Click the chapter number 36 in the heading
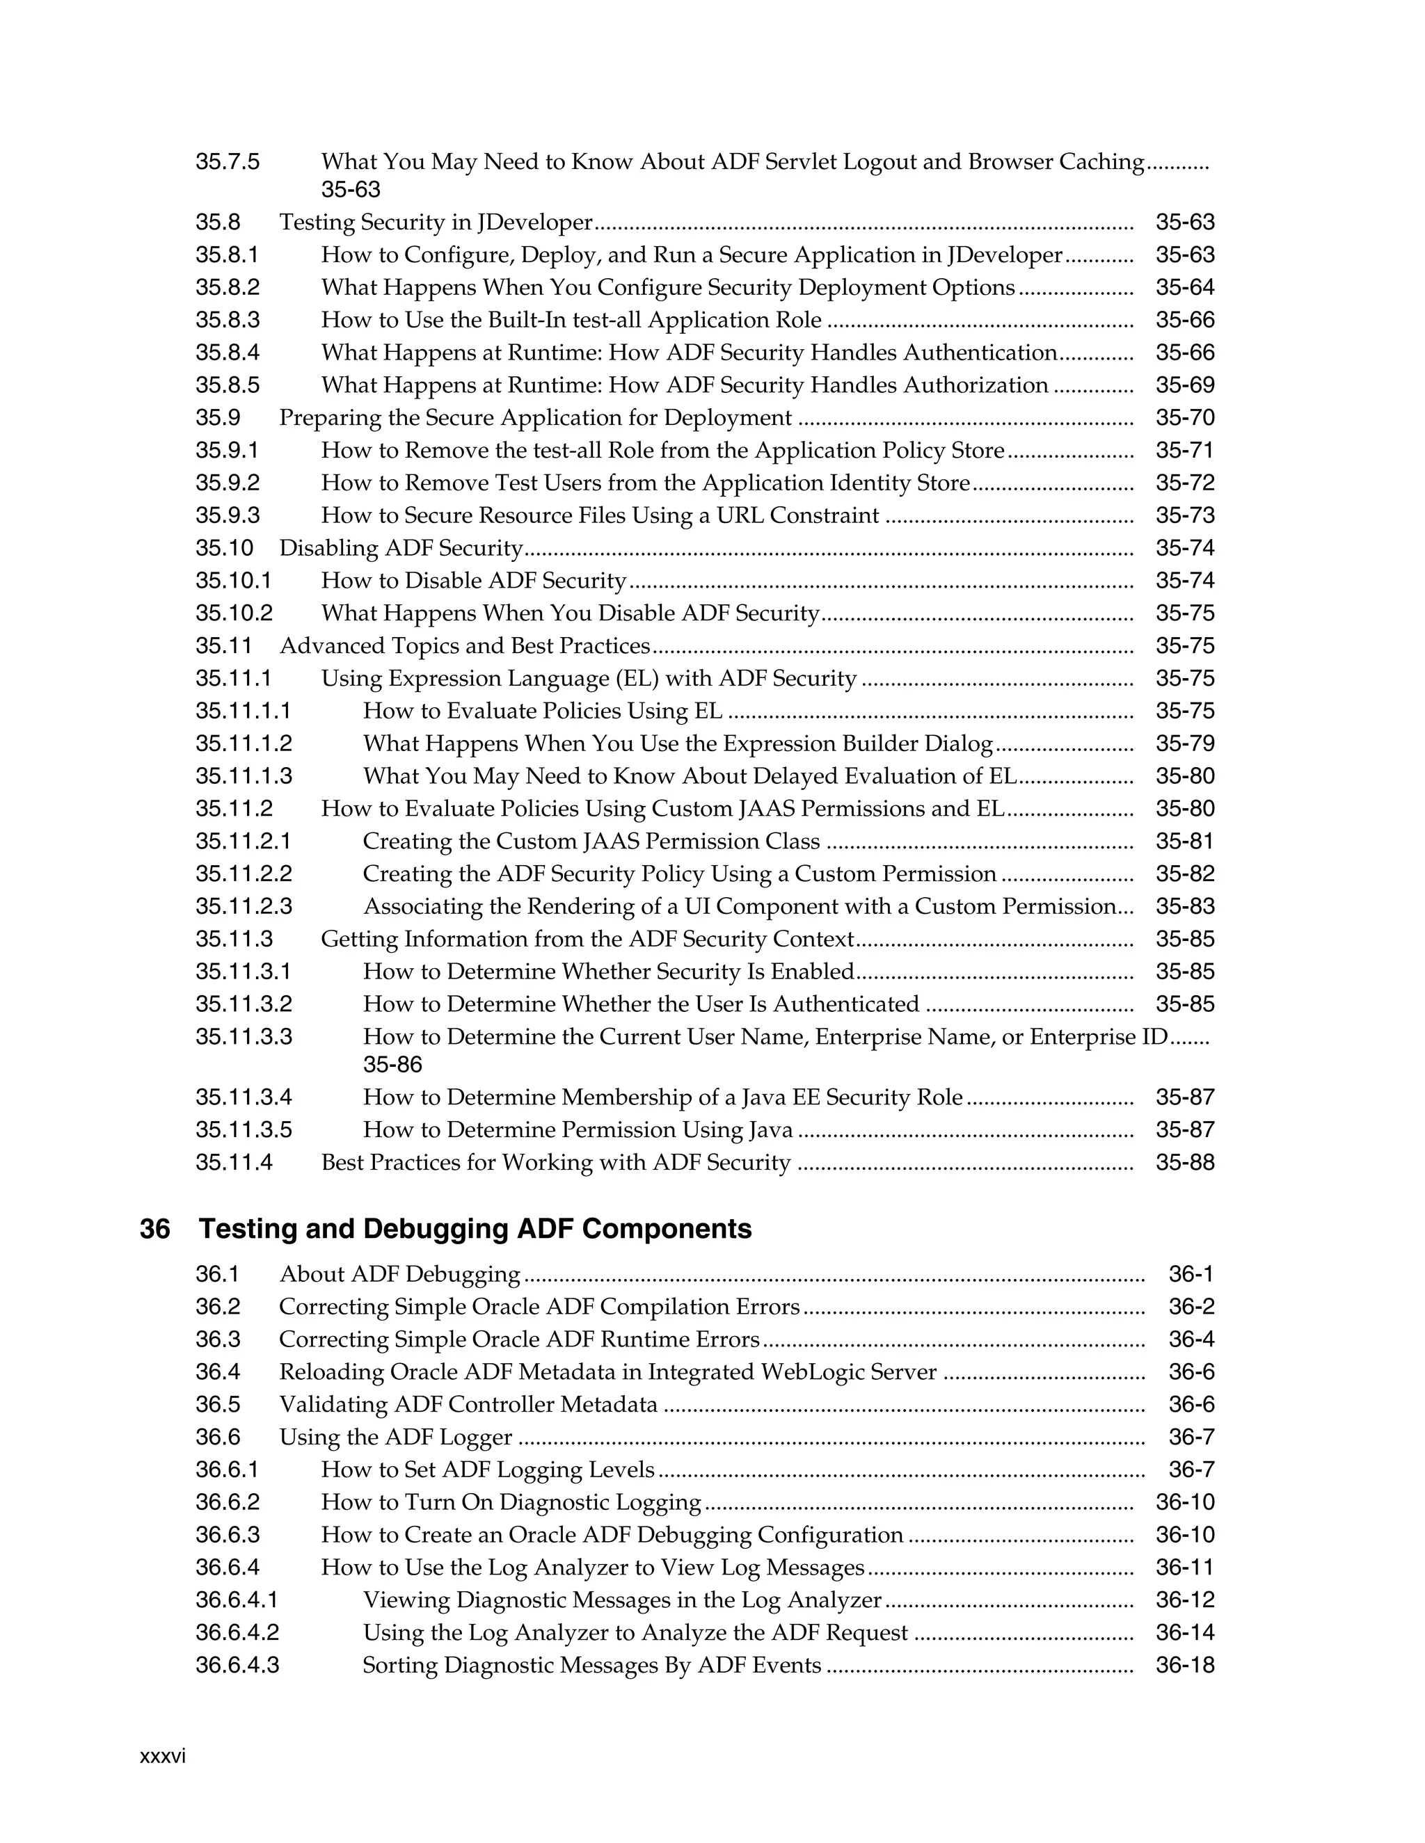pos(154,1229)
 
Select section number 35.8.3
pos(228,320)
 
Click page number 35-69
pos(1184,386)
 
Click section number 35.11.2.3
pos(244,906)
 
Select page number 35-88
pos(1184,1163)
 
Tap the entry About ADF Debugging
pos(399,1274)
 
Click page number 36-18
pos(1184,1665)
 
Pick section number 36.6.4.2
pos(237,1633)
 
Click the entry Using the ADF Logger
pos(396,1437)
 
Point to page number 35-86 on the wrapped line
pos(392,1065)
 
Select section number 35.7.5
pos(228,161)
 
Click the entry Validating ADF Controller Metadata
pos(468,1405)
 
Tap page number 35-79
pos(1184,743)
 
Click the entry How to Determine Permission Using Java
pos(578,1130)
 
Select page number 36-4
pos(1191,1339)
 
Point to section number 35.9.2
pos(228,483)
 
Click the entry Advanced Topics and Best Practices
pos(464,646)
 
